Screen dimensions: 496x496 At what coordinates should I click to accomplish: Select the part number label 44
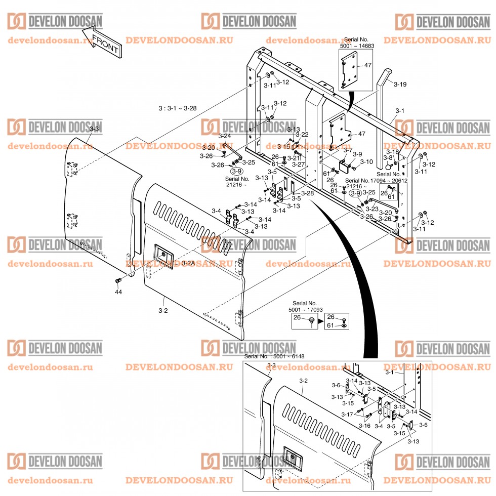point(118,292)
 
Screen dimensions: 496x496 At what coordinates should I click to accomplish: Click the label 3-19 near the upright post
point(400,84)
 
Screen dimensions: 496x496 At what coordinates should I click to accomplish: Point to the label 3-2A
point(188,264)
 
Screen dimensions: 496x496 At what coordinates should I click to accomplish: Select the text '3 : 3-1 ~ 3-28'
point(178,108)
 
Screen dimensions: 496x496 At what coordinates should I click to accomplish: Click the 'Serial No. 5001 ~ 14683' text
point(359,43)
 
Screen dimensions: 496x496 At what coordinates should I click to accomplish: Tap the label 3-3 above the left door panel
point(94,130)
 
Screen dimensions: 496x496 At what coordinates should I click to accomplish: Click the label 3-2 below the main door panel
point(163,310)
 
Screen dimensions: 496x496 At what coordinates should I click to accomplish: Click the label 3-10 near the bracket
point(366,162)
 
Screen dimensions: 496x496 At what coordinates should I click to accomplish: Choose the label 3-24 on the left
point(224,136)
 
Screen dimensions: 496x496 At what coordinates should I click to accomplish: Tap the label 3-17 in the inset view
point(347,414)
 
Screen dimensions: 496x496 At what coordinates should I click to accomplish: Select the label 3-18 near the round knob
point(393,151)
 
